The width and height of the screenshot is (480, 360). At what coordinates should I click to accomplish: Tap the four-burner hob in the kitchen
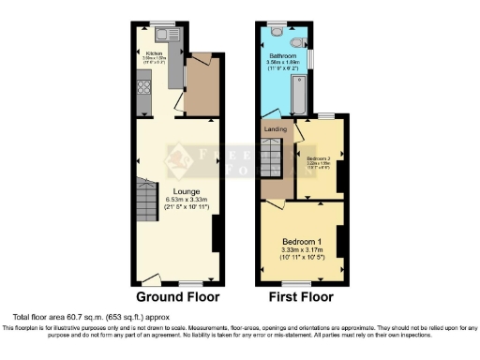pyautogui.click(x=145, y=90)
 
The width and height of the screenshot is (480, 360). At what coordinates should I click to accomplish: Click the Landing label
pyautogui.click(x=275, y=129)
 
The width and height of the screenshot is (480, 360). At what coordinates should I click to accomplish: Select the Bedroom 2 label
pyautogui.click(x=320, y=158)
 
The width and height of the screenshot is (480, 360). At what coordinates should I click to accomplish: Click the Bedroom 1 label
pyautogui.click(x=302, y=240)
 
